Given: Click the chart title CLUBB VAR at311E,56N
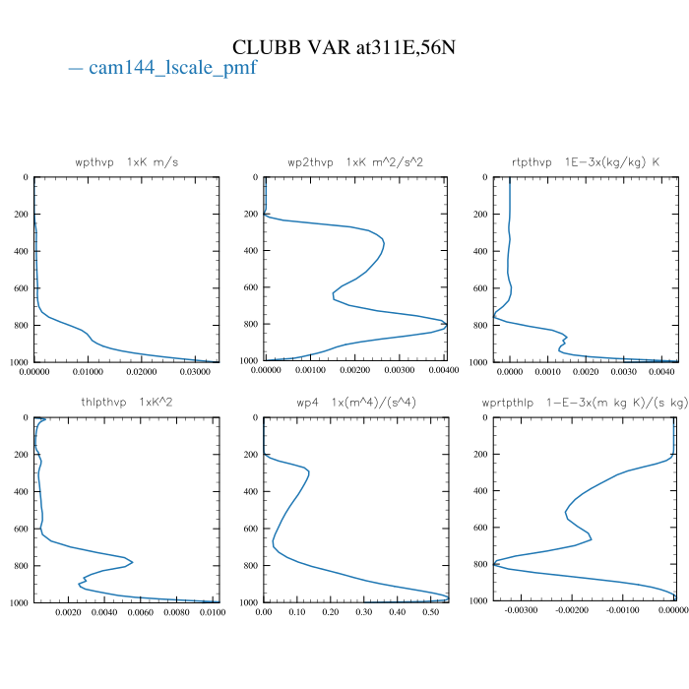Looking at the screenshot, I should (344, 47).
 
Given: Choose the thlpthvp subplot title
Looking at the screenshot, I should (127, 402).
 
